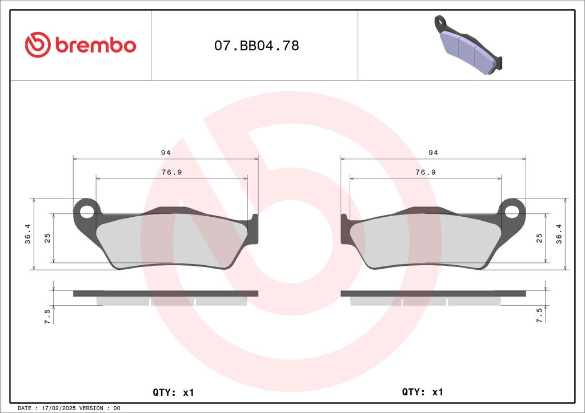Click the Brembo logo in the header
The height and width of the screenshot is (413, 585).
80,45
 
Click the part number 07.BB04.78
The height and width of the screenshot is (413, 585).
257,46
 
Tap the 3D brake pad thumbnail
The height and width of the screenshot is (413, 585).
468,44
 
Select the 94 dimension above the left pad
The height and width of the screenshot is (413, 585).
166,153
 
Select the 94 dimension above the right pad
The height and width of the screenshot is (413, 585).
433,153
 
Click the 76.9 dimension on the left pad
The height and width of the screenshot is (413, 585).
171,172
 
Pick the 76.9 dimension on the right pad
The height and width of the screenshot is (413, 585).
426,172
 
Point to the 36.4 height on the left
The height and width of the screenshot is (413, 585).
28,234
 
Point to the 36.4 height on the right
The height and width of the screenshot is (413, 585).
559,234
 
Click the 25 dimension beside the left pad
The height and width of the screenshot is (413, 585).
47,238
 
